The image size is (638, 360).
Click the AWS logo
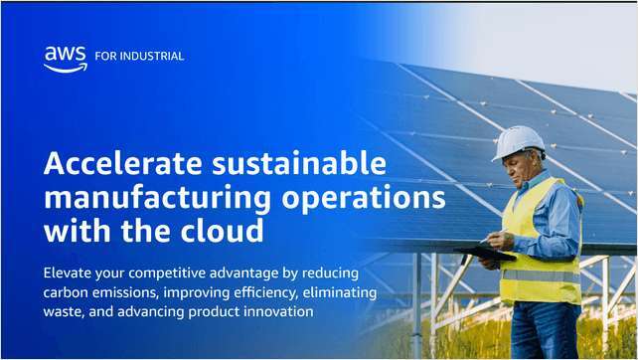66,60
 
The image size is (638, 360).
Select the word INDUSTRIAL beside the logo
152,57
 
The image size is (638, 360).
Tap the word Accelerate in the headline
123,163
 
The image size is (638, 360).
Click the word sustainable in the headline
299,163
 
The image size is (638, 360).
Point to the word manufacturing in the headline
157,199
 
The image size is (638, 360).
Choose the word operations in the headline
364,198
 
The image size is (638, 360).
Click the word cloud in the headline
223,231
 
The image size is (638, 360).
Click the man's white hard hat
518,142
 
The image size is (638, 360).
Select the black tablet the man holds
485,254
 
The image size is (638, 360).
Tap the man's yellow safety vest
541,245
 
